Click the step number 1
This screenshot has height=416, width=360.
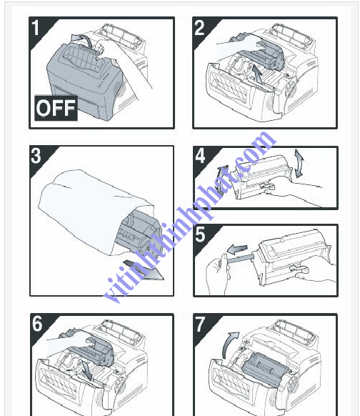[37, 28]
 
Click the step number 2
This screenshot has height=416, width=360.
[200, 28]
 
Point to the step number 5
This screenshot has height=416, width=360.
[200, 234]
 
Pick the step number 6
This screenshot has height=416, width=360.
[37, 324]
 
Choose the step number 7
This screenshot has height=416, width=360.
[200, 324]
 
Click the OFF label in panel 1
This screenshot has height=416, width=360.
[55, 109]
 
